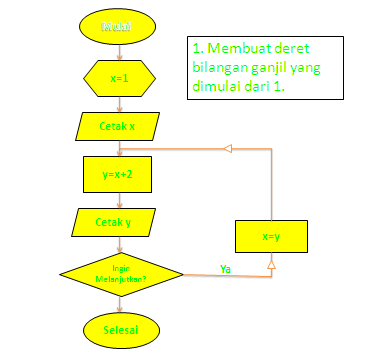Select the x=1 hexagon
pos(120,77)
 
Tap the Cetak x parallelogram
pos(119,126)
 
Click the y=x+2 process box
pos(119,173)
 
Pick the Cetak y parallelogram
pos(119,222)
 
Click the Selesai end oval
pos(120,328)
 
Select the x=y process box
pos(271,237)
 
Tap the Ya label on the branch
pos(226,267)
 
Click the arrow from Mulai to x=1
pos(120,51)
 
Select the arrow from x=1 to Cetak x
pos(120,101)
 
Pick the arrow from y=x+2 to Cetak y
pos(120,199)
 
